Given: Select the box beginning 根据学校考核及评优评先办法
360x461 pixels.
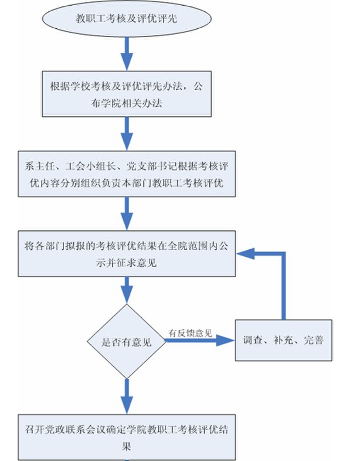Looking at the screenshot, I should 127,94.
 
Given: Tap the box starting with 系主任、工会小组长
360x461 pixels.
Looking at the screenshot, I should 127,174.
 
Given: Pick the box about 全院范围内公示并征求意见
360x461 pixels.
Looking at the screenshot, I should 127,254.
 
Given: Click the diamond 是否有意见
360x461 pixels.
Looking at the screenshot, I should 126,342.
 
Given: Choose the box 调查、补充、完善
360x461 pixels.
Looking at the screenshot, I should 283,340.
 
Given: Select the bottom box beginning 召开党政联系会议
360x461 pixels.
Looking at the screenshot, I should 127,437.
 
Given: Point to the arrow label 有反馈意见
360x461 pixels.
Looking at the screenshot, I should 190,333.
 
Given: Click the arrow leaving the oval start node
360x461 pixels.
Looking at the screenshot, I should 127,53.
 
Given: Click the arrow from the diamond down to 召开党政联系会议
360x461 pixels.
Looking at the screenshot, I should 127,396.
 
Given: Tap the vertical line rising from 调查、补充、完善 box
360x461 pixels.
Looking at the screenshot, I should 283,287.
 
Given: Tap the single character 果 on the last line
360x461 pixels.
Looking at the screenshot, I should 126,446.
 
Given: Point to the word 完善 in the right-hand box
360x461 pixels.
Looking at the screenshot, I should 314,340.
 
